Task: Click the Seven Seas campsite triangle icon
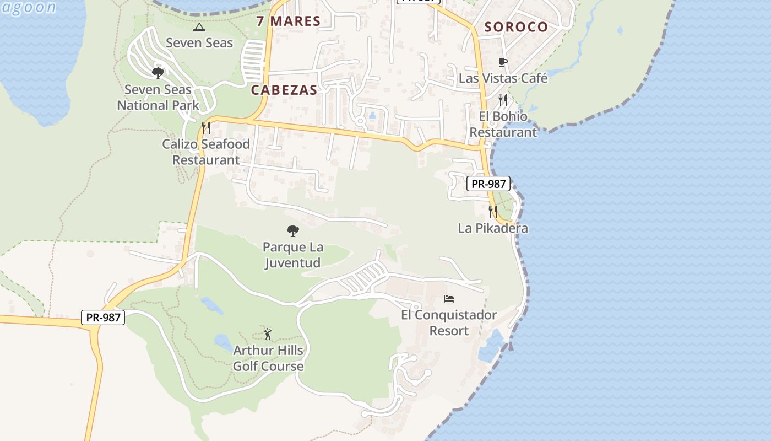click(x=199, y=27)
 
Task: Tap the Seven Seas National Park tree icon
click(x=158, y=73)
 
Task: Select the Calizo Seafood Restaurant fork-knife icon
click(x=206, y=128)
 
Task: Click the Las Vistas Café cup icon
click(x=503, y=62)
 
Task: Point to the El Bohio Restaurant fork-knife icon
click(x=503, y=100)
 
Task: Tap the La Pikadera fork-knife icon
click(x=493, y=211)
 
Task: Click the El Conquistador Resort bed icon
click(x=449, y=299)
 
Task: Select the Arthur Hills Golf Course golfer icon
click(x=268, y=334)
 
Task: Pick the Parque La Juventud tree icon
click(x=292, y=230)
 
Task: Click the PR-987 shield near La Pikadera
click(x=488, y=184)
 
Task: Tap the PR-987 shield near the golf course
click(x=103, y=317)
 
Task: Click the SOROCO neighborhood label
click(x=516, y=27)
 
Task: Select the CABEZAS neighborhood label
click(x=284, y=90)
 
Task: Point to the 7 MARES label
click(x=289, y=21)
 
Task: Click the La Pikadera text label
click(x=493, y=228)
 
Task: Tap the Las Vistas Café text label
click(x=503, y=78)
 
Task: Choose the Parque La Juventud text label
click(x=292, y=255)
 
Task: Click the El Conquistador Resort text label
click(x=449, y=323)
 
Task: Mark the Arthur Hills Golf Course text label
click(x=268, y=358)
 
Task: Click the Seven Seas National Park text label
click(x=158, y=98)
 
